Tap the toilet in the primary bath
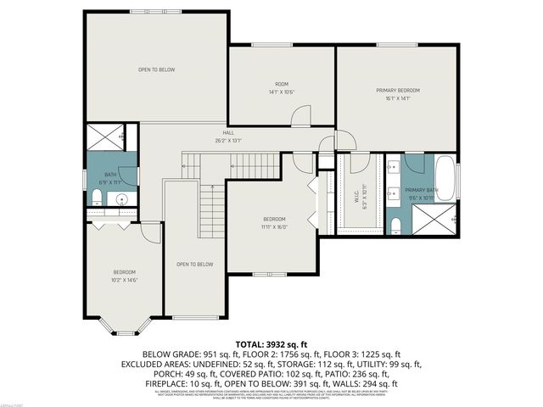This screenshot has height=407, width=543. click(396, 225)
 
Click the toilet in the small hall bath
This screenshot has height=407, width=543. click(97, 199)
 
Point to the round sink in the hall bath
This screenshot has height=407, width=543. click(121, 200)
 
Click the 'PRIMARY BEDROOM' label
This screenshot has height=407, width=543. click(398, 90)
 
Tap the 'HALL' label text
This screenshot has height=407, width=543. click(228, 133)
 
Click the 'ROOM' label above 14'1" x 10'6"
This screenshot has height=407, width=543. click(282, 84)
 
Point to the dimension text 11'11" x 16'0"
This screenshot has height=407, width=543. click(274, 226)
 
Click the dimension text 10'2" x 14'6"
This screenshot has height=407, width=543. click(124, 280)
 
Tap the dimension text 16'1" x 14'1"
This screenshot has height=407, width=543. click(398, 98)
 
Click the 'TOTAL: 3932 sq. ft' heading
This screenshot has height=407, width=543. click(271, 345)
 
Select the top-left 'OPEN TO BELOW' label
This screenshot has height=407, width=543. click(157, 70)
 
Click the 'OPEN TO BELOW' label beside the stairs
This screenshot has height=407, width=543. click(194, 265)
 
